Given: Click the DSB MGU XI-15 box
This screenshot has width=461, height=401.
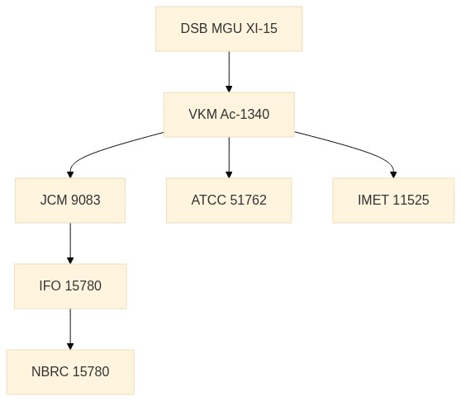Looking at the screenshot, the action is point(229,29).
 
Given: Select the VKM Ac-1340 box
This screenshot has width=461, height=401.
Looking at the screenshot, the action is point(229,115).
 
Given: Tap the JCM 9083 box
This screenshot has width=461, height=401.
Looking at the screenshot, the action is point(70,200).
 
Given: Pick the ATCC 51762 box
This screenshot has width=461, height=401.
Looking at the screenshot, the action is point(229,200).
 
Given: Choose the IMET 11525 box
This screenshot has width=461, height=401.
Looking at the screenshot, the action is point(393,200).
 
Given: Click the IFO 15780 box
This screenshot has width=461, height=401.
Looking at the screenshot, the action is point(70,286).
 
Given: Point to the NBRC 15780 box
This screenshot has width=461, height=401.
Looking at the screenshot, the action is point(70,372).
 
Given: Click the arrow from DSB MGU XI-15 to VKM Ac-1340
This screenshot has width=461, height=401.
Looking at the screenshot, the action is point(229,72).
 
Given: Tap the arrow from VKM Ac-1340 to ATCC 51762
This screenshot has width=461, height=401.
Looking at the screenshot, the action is point(229,158).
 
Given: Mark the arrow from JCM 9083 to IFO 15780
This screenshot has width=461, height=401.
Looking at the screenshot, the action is point(70,243).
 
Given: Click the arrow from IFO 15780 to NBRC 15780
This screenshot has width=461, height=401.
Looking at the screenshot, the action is point(70,329).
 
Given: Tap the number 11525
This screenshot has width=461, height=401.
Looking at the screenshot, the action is point(411,200).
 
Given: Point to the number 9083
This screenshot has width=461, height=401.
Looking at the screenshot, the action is point(86,200).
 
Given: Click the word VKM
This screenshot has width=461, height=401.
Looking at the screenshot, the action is point(203,114).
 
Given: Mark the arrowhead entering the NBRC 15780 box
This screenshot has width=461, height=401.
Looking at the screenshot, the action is point(70,346).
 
